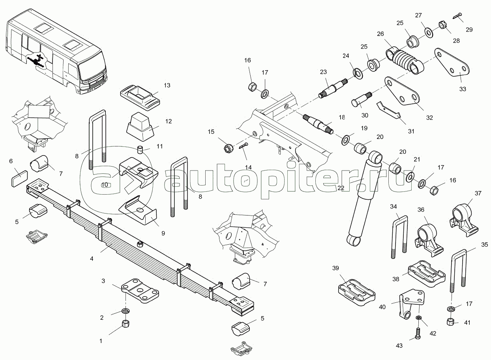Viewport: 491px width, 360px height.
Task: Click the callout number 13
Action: coord(167,85)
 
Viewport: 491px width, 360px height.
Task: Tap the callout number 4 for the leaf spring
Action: coord(92,259)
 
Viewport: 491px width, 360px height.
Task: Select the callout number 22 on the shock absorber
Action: coord(341,187)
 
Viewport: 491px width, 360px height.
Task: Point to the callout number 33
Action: coord(463,89)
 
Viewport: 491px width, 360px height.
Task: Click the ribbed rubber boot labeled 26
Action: coord(405,60)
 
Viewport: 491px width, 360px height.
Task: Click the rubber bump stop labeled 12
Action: coord(140,127)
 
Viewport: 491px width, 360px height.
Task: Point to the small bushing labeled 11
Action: coord(140,150)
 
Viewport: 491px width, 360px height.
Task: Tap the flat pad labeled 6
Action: coord(19,178)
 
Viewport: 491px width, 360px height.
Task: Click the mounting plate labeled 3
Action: coord(140,291)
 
